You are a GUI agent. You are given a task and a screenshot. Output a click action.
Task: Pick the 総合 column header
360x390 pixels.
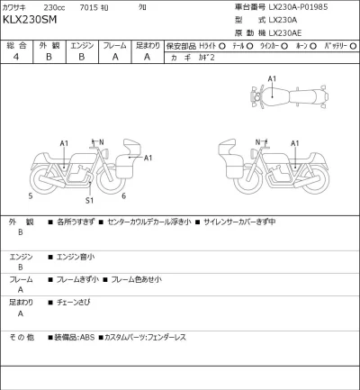(16, 44)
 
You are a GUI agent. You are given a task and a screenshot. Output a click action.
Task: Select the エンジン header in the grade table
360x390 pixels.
(82, 44)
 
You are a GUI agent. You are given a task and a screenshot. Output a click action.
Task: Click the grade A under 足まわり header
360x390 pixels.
(148, 57)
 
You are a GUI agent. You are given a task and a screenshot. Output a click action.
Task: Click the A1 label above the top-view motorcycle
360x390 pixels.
(273, 79)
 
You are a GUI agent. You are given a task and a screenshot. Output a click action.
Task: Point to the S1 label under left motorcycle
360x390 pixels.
(89, 199)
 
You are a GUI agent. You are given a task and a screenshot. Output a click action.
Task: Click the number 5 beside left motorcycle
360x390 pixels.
(30, 195)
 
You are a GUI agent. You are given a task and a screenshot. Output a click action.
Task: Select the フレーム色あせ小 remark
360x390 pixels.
(135, 279)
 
